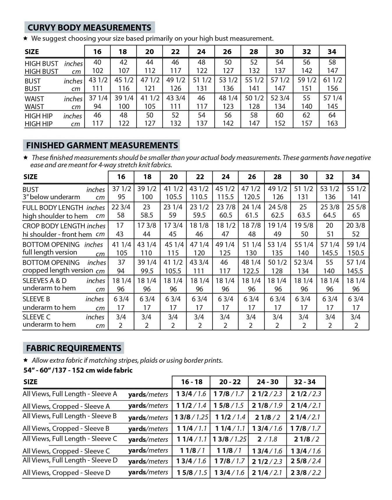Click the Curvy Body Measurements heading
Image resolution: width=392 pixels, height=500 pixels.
point(89,27)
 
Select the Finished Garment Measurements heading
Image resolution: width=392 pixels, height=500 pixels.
point(102,145)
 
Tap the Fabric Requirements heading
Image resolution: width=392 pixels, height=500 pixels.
point(74,348)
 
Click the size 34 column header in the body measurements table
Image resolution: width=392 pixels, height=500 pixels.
point(332,52)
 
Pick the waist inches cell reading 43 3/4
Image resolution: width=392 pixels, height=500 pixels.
point(175,98)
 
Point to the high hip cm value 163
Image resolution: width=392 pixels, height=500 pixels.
point(332,123)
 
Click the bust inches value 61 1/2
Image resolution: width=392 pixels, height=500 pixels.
point(333,80)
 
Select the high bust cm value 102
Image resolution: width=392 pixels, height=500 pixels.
point(97,71)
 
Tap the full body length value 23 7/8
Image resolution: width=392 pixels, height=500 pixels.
point(226,207)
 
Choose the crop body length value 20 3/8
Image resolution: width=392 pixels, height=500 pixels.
point(356,225)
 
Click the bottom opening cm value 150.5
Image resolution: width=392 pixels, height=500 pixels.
point(356,253)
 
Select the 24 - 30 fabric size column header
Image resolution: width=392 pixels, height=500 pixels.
point(267,382)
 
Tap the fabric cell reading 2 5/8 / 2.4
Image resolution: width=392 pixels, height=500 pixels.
point(306,461)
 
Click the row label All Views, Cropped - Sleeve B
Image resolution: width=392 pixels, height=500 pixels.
point(66,428)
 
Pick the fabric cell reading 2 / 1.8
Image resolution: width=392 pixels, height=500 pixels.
point(267,439)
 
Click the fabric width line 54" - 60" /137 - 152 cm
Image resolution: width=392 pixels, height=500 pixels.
point(78,370)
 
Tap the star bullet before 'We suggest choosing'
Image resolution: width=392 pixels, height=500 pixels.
point(25,38)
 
